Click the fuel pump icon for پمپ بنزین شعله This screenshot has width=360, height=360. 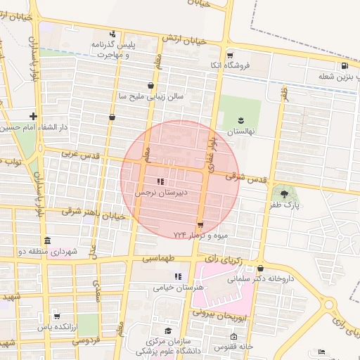click(344, 67)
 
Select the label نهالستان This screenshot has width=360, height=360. click(241, 131)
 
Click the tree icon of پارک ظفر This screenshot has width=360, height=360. click(284, 193)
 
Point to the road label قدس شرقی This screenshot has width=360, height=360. click(247, 179)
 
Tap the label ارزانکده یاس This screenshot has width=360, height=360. click(56, 327)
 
